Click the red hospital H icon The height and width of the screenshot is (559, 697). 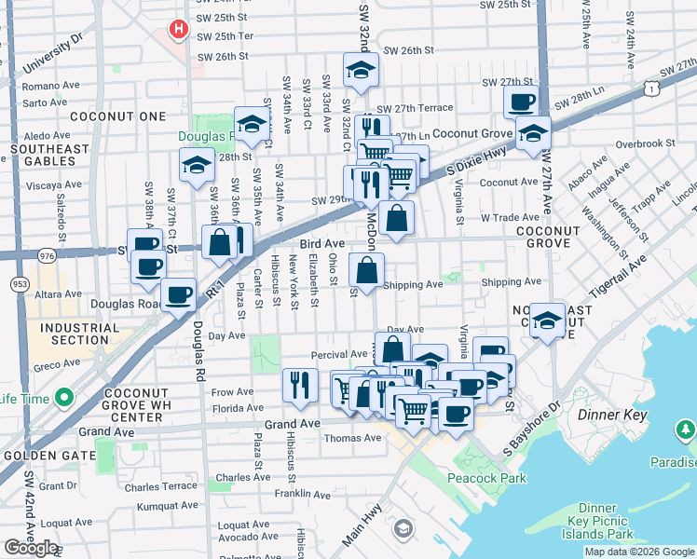click(x=176, y=29)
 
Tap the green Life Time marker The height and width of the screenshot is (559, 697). click(x=63, y=400)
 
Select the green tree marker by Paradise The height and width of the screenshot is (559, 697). click(x=684, y=429)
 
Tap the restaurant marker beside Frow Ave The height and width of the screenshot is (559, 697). click(x=299, y=384)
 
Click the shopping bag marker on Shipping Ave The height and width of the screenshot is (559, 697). click(x=367, y=271)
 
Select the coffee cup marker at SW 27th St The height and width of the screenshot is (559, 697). click(x=521, y=101)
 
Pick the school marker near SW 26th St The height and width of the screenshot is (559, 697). click(x=360, y=69)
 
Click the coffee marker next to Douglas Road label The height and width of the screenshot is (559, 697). click(x=178, y=294)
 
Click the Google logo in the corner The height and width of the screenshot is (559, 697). click(x=31, y=548)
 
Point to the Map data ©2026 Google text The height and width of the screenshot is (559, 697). click(x=638, y=552)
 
